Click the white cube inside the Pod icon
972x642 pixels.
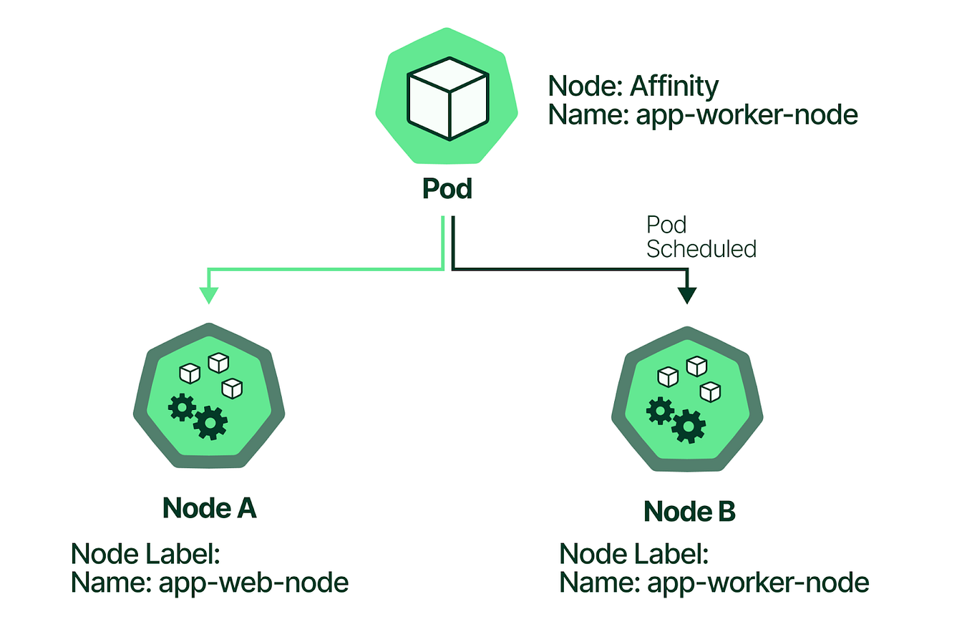(448, 98)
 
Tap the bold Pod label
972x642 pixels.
(447, 189)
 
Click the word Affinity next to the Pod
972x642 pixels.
(674, 86)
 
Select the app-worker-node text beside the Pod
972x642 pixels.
(747, 115)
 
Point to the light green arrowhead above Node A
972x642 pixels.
(209, 295)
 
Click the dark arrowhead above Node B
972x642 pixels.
(687, 295)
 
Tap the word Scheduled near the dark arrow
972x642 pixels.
(701, 249)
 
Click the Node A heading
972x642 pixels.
(209, 508)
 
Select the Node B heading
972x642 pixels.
(689, 512)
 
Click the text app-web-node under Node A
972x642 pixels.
(253, 583)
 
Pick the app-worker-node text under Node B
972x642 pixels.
(758, 583)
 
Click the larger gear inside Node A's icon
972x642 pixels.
(210, 422)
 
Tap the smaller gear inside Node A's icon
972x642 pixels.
(182, 407)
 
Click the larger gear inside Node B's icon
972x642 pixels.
(689, 427)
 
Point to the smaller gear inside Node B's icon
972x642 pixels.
(660, 411)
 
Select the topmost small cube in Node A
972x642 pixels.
(218, 363)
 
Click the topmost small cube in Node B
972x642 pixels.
(696, 366)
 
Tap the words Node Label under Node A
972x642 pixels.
(145, 554)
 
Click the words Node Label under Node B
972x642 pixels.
(633, 554)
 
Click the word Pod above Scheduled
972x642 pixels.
(666, 225)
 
